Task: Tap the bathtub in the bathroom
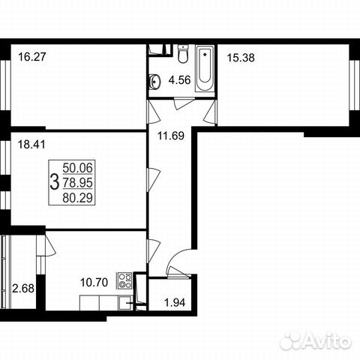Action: coord(202,70)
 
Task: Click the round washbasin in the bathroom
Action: coord(154,80)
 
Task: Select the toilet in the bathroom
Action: coord(182,54)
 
